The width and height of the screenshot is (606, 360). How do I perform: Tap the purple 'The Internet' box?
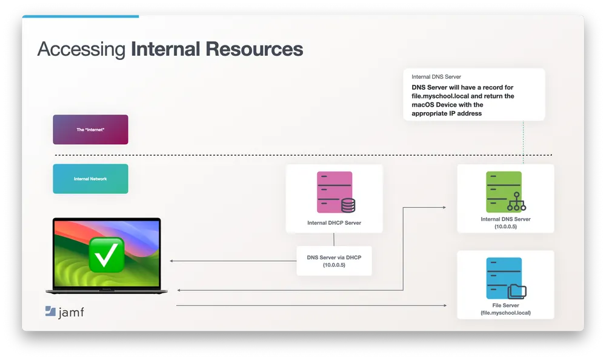tap(90, 130)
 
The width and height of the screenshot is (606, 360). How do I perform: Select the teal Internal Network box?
tap(90, 179)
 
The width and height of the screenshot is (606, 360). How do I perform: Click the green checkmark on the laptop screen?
tap(107, 254)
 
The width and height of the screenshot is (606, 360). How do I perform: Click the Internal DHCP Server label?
tap(334, 223)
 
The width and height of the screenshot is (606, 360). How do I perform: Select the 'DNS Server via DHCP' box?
tap(334, 261)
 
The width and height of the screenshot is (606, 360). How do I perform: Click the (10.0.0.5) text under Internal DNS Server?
tap(505, 226)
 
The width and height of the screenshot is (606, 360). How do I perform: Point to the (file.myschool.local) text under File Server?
tap(505, 313)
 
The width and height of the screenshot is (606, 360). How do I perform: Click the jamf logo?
tap(64, 312)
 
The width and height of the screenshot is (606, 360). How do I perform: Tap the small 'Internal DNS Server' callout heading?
tap(436, 78)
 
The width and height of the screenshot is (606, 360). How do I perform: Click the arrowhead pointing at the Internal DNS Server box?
tap(444, 207)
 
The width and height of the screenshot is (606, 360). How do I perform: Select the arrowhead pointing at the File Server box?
tap(448, 305)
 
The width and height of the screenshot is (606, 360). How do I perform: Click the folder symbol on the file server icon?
tap(517, 292)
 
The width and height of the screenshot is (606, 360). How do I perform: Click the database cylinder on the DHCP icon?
tap(348, 205)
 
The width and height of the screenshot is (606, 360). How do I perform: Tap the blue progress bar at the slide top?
tap(80, 16)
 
